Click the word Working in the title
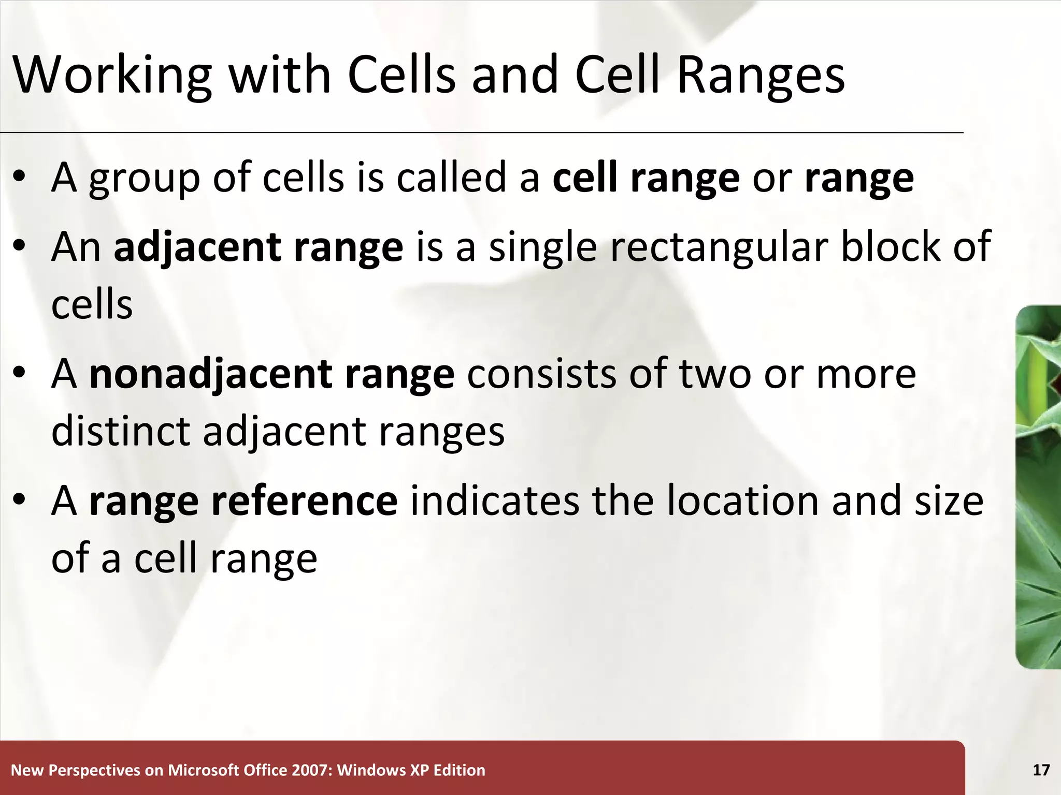point(111,75)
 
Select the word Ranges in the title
point(761,75)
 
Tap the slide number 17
point(1041,770)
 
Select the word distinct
point(121,431)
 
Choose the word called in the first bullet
point(451,178)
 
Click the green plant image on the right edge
point(1039,487)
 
